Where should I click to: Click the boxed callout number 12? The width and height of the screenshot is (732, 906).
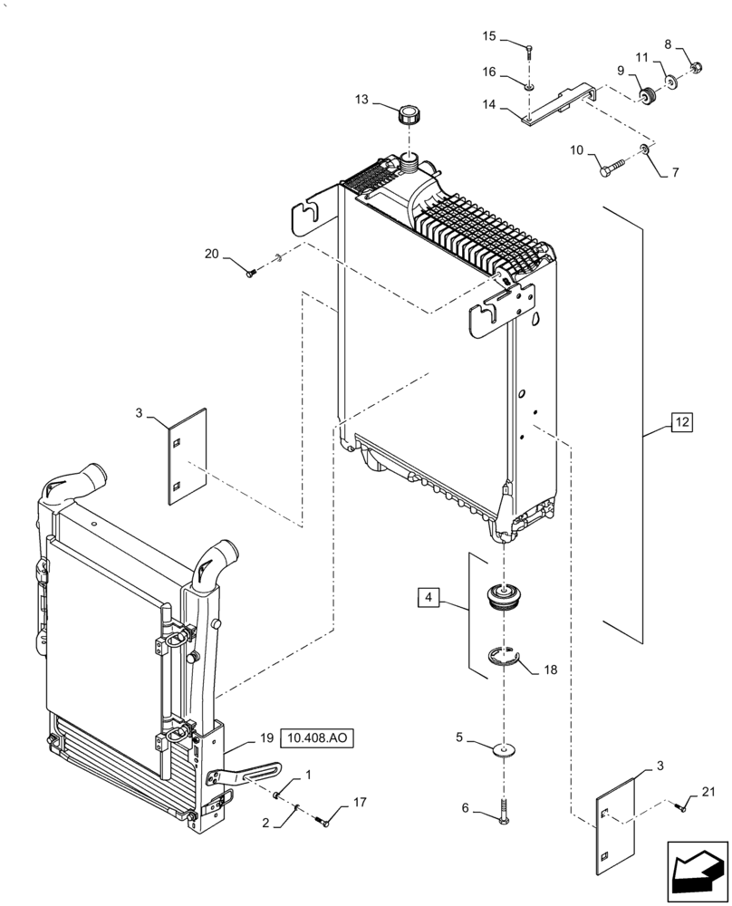tap(681, 420)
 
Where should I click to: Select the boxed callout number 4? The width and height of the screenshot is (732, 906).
tap(429, 597)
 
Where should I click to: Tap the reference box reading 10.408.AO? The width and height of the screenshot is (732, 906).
tap(317, 737)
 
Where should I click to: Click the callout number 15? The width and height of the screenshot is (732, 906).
tap(489, 36)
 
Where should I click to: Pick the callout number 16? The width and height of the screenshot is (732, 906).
tap(489, 72)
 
